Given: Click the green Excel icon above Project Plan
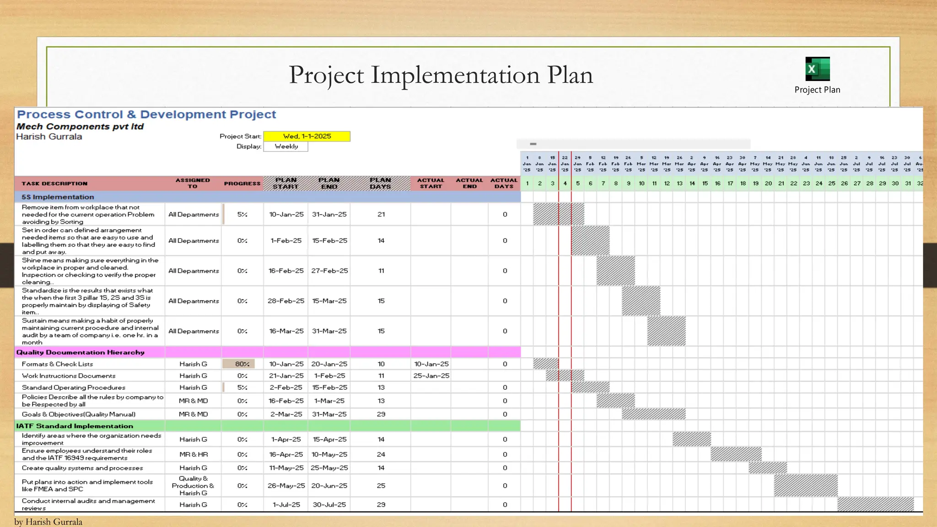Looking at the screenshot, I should [x=817, y=69].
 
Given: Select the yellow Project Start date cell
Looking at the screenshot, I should [x=307, y=136].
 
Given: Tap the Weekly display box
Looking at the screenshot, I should [x=286, y=146].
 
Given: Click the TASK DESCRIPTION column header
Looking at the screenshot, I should [x=54, y=183].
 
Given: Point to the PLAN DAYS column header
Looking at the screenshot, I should [x=380, y=183].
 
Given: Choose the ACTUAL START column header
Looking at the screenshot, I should [x=431, y=183].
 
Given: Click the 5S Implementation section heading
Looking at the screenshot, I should [x=58, y=197].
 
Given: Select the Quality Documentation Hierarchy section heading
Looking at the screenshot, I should [x=81, y=352].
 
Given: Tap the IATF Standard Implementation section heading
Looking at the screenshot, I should [x=75, y=426].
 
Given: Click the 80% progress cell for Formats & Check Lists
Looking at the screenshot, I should [x=242, y=364].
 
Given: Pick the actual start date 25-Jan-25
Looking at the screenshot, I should [x=431, y=376].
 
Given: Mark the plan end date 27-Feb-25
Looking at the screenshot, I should [x=329, y=271].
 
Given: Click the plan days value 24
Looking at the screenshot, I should [x=381, y=454].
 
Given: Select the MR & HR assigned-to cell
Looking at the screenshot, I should [x=193, y=454].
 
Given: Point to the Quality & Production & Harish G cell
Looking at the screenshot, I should [x=193, y=486].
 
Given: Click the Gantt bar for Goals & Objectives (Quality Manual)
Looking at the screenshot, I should [x=653, y=414].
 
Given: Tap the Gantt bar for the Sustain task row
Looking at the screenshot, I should [x=666, y=331].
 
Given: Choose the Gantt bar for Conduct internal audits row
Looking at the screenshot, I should [x=875, y=505].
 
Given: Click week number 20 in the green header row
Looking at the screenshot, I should [x=768, y=183].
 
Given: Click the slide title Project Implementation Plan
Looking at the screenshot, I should [x=441, y=75].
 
